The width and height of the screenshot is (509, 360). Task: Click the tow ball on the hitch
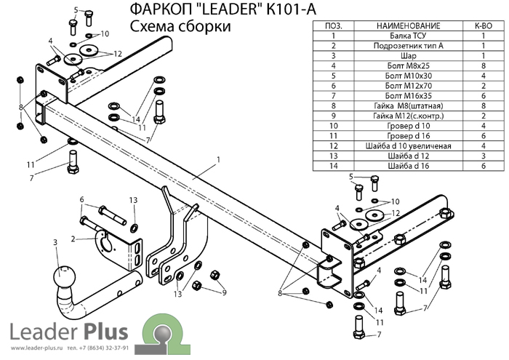[62, 278]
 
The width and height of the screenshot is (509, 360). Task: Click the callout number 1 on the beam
[217, 159]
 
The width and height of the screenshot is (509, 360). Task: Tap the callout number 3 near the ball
[55, 241]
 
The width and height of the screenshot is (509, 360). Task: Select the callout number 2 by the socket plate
[73, 238]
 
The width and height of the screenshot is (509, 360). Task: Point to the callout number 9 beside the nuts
[224, 292]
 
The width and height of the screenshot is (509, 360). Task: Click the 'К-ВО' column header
[483, 25]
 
